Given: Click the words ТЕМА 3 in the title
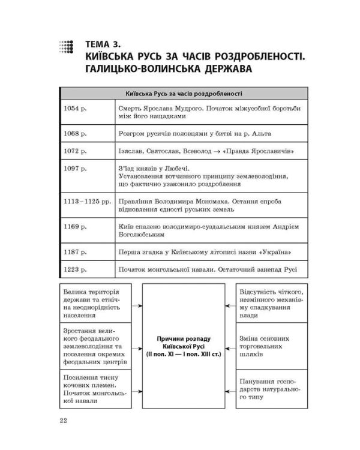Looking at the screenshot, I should [x=104, y=43].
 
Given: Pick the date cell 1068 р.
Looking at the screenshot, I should [x=75, y=133].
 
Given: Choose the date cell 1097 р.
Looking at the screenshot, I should [x=75, y=169].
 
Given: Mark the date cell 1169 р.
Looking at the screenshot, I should [x=75, y=227].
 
